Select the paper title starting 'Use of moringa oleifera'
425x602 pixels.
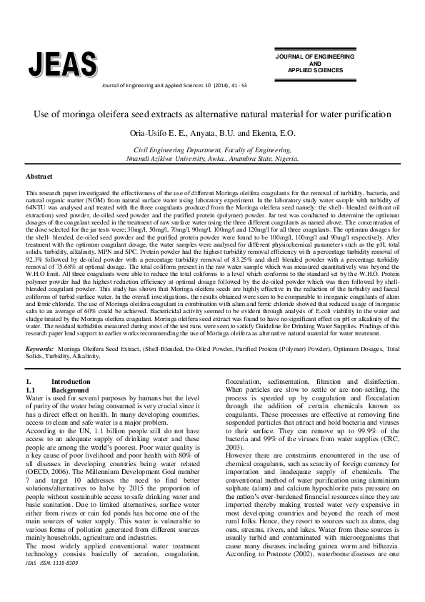click(212, 114)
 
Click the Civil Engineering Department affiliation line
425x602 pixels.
click(212, 151)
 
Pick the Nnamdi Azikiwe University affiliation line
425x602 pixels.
click(212, 160)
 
